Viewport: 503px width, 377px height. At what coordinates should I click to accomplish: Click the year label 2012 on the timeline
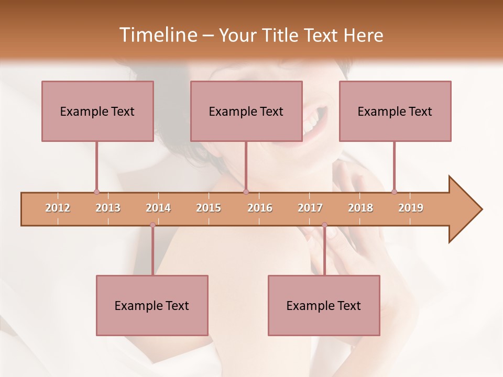(x=58, y=208)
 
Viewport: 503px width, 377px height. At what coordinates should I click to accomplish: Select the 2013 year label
(x=108, y=208)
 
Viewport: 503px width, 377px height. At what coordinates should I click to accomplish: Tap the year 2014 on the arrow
(x=158, y=208)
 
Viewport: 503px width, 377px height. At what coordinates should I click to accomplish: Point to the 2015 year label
(x=209, y=208)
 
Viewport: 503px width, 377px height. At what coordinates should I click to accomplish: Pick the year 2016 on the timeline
(x=260, y=208)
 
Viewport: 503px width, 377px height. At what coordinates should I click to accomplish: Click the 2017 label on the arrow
(x=310, y=208)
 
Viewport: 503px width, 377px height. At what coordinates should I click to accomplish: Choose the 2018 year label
(x=360, y=208)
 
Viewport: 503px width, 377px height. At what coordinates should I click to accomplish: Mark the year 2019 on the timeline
(x=411, y=208)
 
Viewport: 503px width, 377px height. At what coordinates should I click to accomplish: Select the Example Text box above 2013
(x=97, y=111)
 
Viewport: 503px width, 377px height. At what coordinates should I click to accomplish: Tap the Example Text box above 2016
(x=246, y=111)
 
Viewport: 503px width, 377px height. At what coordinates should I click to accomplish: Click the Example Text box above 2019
(x=395, y=111)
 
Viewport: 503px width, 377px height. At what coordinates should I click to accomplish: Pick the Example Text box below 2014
(x=152, y=305)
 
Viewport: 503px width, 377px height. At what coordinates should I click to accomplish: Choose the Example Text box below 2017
(x=324, y=305)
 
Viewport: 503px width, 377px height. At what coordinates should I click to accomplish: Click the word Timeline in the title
(x=157, y=35)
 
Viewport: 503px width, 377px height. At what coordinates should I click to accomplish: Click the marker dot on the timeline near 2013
(x=96, y=192)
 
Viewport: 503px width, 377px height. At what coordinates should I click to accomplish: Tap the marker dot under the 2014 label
(x=152, y=225)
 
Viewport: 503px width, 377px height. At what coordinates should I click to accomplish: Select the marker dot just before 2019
(x=394, y=192)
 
